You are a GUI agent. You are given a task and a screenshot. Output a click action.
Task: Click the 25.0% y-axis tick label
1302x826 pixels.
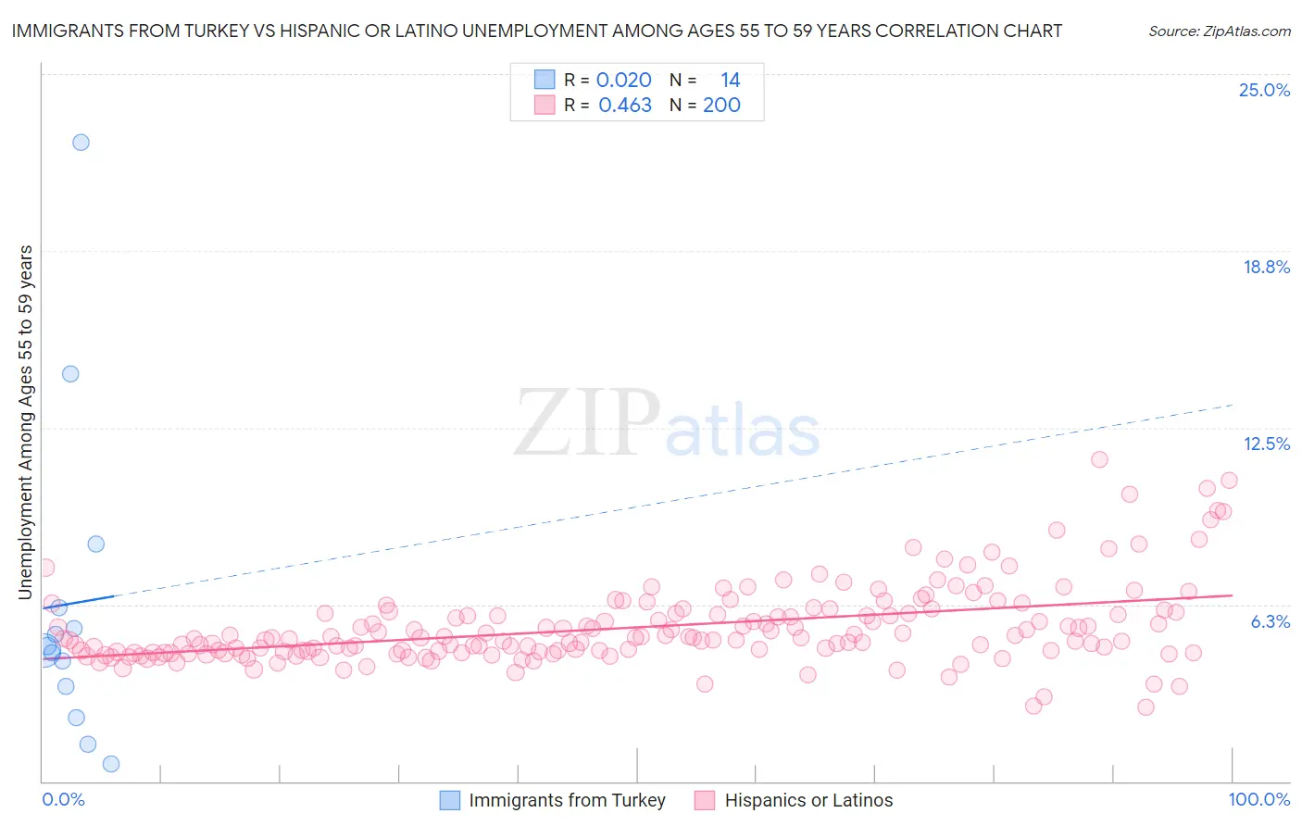1264,90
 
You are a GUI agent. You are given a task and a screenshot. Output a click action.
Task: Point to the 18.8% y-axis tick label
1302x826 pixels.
1266,267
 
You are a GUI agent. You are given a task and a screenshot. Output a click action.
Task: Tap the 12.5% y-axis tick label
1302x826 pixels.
1266,444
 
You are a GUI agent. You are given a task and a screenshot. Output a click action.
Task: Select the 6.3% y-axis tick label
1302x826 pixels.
1270,621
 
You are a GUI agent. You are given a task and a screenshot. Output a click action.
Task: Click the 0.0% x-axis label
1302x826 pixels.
63,799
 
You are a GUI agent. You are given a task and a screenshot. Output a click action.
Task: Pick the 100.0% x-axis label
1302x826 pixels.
1258,799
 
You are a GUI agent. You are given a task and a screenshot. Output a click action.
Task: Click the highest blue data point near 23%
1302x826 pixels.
81,142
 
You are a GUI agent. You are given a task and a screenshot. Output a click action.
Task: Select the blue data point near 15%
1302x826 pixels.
70,374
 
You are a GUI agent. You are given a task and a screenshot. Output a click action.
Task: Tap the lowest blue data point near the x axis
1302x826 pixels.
111,764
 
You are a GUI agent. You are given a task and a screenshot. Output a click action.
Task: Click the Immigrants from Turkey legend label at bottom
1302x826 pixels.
567,800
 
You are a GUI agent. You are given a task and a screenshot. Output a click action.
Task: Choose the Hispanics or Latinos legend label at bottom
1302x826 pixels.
808,800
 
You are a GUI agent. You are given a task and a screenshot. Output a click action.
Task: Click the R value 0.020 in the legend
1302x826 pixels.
623,81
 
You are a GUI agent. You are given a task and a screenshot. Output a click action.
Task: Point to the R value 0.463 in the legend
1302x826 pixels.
625,106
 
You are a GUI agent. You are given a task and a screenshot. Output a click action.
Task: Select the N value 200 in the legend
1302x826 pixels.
721,106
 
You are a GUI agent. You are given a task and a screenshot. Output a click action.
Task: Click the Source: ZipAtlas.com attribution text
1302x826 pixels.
1219,31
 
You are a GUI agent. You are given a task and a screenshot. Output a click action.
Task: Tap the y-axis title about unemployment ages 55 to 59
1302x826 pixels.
26,421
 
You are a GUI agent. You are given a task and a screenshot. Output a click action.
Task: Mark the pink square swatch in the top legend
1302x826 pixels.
544,106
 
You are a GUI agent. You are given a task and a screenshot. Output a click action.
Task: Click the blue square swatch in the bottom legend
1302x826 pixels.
449,800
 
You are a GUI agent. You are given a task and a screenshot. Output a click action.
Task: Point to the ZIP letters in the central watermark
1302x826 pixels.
586,422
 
